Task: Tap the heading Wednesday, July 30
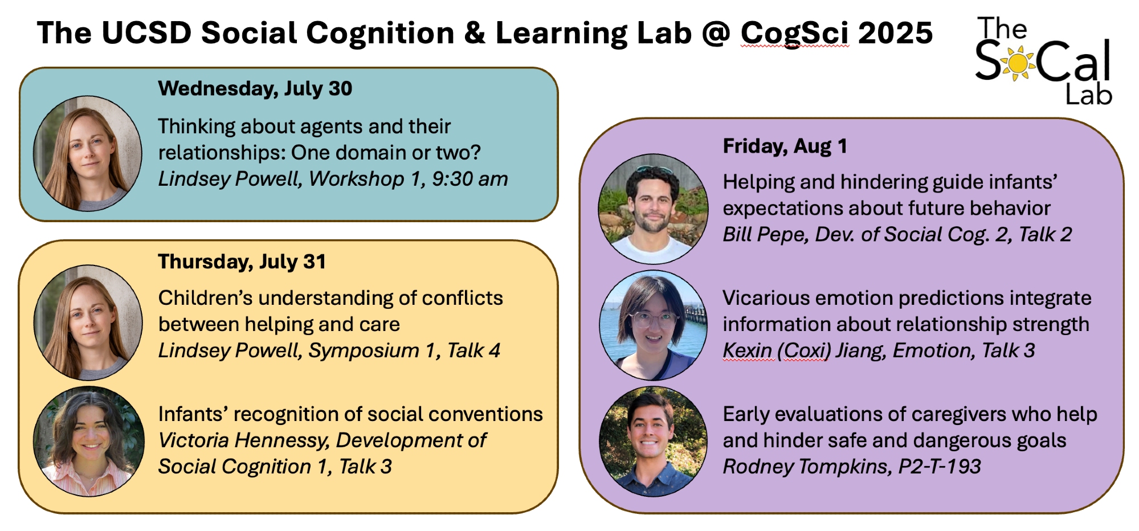click(255, 89)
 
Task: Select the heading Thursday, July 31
click(242, 262)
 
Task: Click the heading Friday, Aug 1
click(785, 146)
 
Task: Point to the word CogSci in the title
click(795, 33)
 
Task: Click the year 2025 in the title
click(896, 33)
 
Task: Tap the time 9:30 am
click(470, 179)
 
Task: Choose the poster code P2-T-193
click(940, 467)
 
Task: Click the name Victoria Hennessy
click(244, 440)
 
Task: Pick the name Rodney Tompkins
click(806, 467)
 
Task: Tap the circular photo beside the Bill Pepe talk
click(653, 209)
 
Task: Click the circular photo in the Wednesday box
click(88, 153)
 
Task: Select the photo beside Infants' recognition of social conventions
click(89, 442)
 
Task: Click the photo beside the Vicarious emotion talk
click(653, 325)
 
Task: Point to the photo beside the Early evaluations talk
click(653, 442)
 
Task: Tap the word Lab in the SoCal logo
click(1088, 95)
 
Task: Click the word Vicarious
click(763, 298)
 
